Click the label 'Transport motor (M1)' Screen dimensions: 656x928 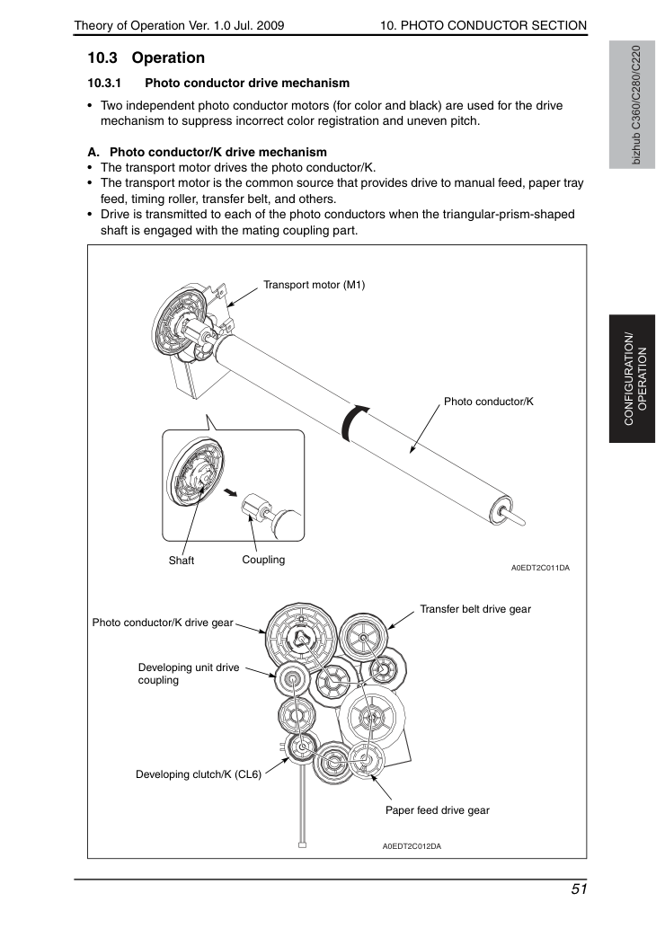pos(314,285)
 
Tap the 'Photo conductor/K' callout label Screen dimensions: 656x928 pos(489,402)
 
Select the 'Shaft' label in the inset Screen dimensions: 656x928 pos(182,561)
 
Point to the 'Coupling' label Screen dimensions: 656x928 pos(263,560)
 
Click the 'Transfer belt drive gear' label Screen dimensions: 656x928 pos(475,609)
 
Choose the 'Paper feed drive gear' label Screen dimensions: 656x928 pos(438,810)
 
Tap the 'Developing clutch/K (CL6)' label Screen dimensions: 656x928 pos(199,774)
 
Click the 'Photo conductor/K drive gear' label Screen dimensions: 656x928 pos(163,623)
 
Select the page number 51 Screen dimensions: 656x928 pos(579,889)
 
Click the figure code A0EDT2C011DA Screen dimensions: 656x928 pos(540,568)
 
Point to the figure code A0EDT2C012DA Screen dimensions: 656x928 pos(412,846)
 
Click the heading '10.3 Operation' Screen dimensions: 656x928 pos(146,58)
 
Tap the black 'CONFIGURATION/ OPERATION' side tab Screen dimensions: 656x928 pos(633,379)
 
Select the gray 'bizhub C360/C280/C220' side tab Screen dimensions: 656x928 pos(633,105)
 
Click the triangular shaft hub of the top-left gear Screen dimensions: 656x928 pos(301,638)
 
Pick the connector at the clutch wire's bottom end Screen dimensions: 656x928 pos(302,844)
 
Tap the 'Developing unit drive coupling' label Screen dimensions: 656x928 pos(189,674)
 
